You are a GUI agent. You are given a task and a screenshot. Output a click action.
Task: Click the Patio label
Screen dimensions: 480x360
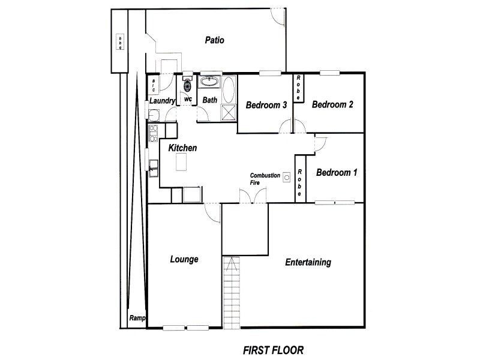[214, 40]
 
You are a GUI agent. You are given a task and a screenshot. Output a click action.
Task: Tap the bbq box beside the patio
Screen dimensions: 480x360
[120, 41]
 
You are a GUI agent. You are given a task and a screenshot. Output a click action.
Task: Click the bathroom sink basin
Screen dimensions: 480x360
[209, 82]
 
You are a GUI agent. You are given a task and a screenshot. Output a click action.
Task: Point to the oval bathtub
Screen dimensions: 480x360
[229, 89]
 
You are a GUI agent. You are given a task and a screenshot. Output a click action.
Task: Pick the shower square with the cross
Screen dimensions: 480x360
[229, 112]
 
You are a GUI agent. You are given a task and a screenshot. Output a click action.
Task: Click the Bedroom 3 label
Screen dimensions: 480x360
[266, 106]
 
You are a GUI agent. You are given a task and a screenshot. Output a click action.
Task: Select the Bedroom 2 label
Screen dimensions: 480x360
[332, 104]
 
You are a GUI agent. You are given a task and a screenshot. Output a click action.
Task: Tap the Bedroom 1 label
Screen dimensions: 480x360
[337, 173]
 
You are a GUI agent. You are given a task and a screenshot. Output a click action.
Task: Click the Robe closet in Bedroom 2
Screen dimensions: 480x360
[298, 88]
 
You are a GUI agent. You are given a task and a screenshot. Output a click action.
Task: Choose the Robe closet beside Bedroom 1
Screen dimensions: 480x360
[299, 179]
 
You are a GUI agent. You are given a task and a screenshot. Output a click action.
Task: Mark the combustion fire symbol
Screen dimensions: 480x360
[287, 177]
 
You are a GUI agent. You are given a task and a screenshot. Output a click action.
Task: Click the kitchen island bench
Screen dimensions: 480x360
[181, 162]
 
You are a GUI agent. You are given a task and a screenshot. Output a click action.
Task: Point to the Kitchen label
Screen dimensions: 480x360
[182, 148]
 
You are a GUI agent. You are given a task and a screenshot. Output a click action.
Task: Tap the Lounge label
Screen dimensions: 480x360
[184, 260]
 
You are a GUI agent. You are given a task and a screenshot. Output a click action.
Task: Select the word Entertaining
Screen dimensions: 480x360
[308, 262]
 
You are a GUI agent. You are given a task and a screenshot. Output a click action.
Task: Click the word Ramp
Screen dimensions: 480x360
[137, 318]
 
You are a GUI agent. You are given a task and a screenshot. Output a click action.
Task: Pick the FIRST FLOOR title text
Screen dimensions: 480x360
[274, 350]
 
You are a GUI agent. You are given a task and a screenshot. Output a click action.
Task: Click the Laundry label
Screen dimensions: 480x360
[162, 101]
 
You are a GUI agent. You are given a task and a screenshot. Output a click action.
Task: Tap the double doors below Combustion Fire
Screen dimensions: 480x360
[253, 196]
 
